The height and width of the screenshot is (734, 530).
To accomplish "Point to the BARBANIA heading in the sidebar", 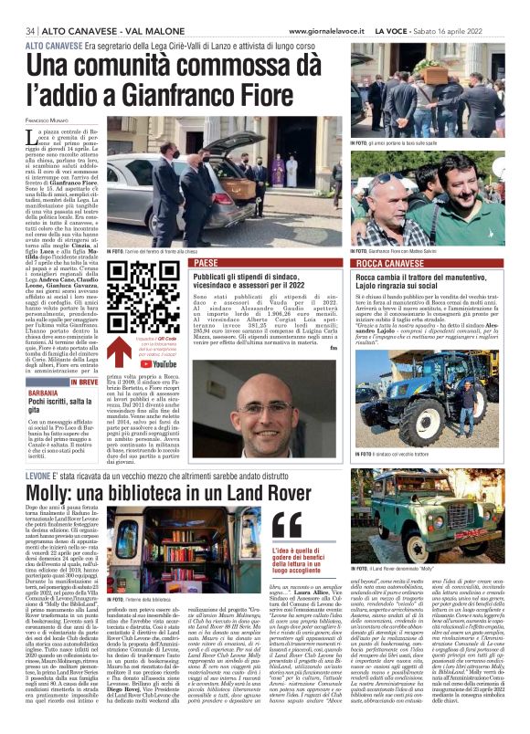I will coord(26,396).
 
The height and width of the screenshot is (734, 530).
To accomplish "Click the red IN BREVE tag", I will coord(83,383).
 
